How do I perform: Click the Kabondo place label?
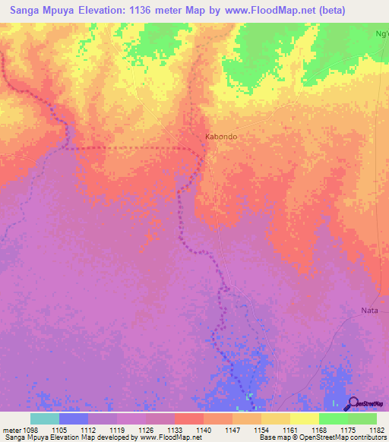(221, 137)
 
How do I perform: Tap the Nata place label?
(369, 310)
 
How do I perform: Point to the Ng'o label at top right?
(381, 33)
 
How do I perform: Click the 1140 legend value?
(203, 430)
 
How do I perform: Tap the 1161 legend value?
(289, 430)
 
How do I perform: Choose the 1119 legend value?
(116, 430)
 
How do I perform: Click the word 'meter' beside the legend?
(11, 430)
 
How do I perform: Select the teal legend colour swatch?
(44, 418)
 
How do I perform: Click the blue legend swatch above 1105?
(73, 418)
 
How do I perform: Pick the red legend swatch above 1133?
(188, 418)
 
